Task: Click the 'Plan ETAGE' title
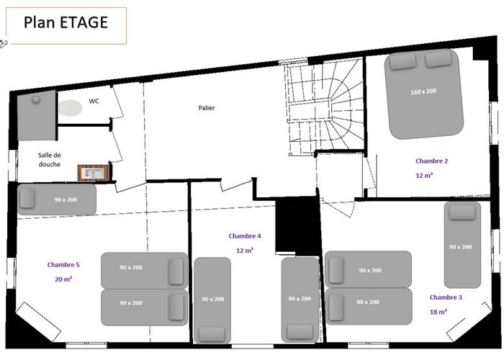point(66,22)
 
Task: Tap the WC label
point(94,101)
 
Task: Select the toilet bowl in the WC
point(70,108)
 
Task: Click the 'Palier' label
point(207,108)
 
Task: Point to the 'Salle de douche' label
point(50,159)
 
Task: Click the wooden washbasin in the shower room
point(94,173)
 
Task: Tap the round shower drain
point(36,100)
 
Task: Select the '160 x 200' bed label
point(423,91)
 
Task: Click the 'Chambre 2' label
point(432,161)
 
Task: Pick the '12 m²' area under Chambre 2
point(424,175)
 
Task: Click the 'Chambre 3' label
point(446,297)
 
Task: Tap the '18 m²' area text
point(438,312)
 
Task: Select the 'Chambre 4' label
point(245,236)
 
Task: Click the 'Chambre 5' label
point(63,264)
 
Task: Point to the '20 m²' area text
point(63,279)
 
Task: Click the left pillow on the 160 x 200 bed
point(402,61)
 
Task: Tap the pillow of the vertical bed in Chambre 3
point(462,212)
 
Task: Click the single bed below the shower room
point(57,199)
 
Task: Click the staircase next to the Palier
point(325,108)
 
